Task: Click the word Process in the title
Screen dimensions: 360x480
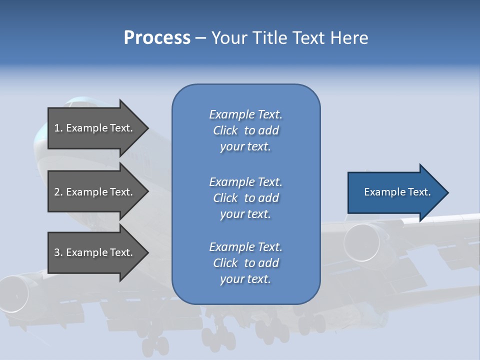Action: point(157,38)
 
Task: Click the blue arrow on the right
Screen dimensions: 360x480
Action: point(395,192)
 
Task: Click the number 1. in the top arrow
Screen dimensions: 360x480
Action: point(58,128)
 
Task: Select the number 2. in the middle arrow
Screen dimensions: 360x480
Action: point(58,192)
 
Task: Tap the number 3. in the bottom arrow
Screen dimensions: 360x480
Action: point(58,252)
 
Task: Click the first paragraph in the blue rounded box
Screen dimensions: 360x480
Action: point(245,130)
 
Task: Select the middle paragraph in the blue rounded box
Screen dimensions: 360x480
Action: point(245,198)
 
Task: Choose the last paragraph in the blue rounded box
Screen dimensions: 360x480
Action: point(245,263)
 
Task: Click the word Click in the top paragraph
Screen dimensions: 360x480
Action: point(225,130)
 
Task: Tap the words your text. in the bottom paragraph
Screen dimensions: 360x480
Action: point(245,279)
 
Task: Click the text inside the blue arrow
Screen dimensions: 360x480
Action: point(397,192)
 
